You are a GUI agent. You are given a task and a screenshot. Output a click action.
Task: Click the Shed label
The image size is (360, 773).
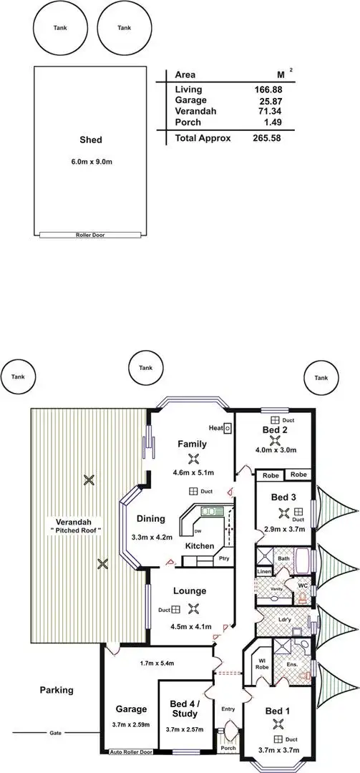pyautogui.click(x=90, y=140)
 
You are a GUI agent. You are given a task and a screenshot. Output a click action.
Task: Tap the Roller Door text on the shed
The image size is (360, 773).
pyautogui.click(x=90, y=235)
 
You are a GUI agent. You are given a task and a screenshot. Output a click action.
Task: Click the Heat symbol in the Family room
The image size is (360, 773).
pyautogui.click(x=227, y=428)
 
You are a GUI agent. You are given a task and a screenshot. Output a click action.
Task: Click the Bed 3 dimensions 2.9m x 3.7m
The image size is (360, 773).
pyautogui.click(x=284, y=529)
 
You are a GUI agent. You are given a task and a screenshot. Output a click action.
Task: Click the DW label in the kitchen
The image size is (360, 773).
pyautogui.click(x=198, y=532)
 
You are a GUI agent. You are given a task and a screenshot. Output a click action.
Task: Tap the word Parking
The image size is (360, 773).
pyautogui.click(x=57, y=691)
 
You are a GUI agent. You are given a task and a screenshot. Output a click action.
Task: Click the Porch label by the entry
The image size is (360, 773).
pyautogui.click(x=228, y=749)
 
